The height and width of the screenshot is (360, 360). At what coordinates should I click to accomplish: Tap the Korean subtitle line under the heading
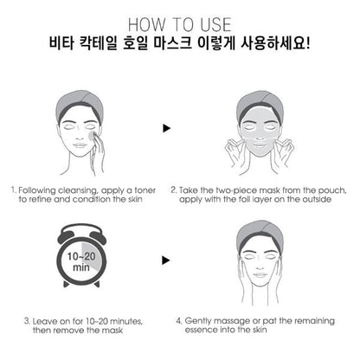[180, 42]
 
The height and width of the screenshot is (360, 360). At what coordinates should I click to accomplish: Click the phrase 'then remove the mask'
[65, 331]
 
